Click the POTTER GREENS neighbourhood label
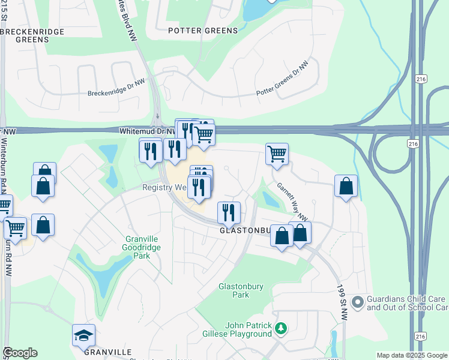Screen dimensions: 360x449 (202, 30)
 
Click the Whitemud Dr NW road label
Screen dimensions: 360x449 (146, 130)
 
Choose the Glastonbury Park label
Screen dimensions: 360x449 (241, 290)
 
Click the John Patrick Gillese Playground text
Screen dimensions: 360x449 (249, 329)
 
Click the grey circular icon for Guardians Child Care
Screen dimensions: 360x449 (358, 302)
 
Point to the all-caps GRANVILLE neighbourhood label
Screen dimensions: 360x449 (107, 352)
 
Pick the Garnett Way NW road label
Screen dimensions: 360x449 (292, 201)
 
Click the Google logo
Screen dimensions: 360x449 (20, 353)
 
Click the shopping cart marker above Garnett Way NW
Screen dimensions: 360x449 (277, 153)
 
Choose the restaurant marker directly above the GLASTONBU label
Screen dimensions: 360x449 (229, 212)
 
